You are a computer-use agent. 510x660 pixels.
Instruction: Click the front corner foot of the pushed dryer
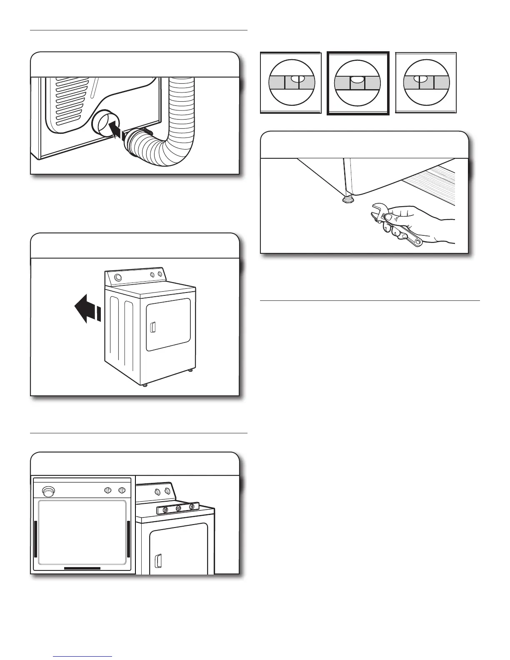(145, 385)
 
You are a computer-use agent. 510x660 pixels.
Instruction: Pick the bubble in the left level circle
(295, 78)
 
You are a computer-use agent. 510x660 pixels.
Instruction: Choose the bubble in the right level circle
(420, 78)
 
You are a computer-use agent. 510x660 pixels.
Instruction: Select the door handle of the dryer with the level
(158, 560)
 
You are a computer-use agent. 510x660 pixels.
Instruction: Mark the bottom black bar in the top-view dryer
(82, 568)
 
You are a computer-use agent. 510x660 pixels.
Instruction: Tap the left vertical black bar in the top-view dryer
(35, 539)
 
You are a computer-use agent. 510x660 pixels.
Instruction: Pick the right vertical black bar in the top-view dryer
(128, 539)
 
